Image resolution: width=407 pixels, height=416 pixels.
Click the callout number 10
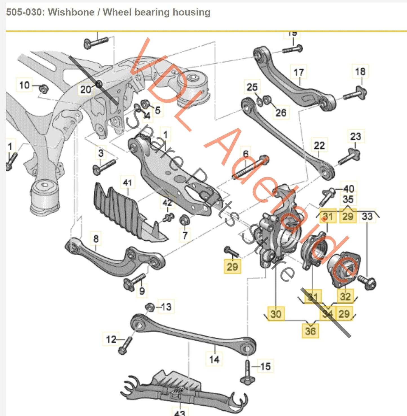(x=24, y=85)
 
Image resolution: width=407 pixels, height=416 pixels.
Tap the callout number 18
(x=360, y=71)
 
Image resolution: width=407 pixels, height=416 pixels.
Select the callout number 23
(x=355, y=137)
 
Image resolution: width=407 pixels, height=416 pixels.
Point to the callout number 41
(x=127, y=183)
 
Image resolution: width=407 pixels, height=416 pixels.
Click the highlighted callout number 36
(x=310, y=331)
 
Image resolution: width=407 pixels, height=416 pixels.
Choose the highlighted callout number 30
(x=276, y=314)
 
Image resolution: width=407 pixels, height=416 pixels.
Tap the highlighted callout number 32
(x=345, y=296)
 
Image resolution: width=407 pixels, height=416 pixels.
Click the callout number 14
(x=214, y=359)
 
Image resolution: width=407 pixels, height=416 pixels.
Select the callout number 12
(x=111, y=339)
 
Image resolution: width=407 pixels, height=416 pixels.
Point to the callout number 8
(x=96, y=239)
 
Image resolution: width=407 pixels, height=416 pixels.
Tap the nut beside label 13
(x=149, y=307)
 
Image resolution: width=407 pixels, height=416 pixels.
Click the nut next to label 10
(x=43, y=89)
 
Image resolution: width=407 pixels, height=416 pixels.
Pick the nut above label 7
(x=184, y=220)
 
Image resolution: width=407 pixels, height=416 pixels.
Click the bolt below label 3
(x=104, y=166)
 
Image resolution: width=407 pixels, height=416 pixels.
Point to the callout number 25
(x=252, y=87)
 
